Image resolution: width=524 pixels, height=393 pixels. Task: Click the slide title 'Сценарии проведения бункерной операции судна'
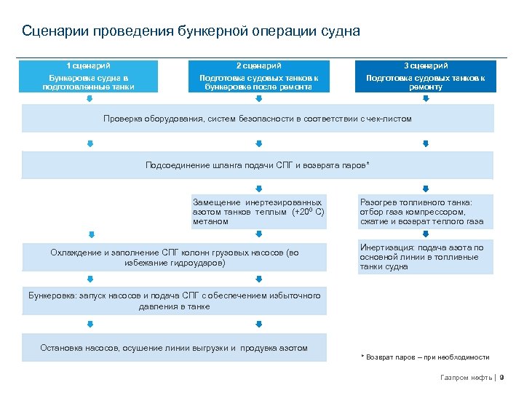tap(191, 32)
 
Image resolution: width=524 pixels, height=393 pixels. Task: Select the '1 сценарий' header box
tap(88, 76)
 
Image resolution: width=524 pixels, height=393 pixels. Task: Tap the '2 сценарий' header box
tap(259, 76)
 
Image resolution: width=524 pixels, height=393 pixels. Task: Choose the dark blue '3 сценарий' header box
tap(426, 76)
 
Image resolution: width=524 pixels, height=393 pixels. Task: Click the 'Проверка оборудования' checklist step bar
tap(258, 119)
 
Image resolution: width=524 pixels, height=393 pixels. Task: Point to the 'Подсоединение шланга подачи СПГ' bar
tap(258, 165)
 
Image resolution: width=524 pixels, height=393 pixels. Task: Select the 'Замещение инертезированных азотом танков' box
tap(259, 211)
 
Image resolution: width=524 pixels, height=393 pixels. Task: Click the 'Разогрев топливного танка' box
tap(426, 212)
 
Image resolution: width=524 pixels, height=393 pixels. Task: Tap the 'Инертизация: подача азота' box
tap(426, 257)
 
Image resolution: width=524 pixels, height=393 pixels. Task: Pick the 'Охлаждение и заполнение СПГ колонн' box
tap(175, 257)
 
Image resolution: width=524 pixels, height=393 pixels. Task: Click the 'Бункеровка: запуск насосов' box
tap(175, 301)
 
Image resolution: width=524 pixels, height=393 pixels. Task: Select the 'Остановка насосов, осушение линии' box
tap(175, 348)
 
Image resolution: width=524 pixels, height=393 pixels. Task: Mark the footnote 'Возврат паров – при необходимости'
tap(426, 357)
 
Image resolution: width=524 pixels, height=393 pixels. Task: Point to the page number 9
tap(502, 378)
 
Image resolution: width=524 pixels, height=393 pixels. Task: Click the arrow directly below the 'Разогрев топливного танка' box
tap(426, 234)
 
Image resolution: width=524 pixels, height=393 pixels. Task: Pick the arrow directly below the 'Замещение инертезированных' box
tap(259, 234)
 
